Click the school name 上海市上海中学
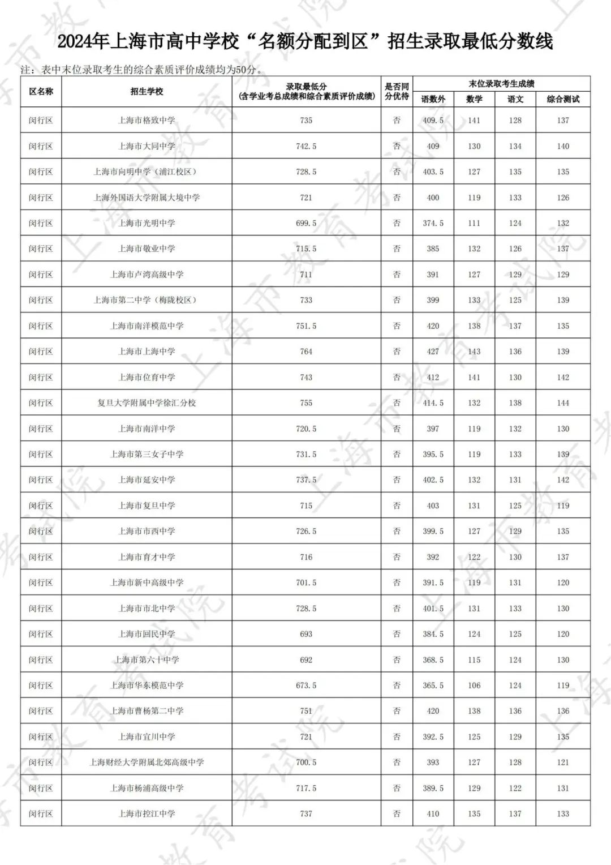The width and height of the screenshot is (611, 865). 147,352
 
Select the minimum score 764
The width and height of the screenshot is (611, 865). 306,352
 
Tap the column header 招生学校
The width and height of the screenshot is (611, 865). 147,91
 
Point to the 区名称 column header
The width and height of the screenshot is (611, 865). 41,91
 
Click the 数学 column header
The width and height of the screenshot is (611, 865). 474,99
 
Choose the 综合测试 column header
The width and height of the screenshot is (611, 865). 563,99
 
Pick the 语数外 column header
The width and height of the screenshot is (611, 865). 433,99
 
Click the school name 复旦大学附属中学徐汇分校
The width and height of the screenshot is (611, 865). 147,403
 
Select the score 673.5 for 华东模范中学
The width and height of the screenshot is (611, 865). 306,686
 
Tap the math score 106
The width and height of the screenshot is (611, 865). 474,686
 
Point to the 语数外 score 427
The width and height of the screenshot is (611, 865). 433,352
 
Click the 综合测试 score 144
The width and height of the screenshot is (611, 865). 563,403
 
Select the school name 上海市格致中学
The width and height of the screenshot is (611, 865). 147,121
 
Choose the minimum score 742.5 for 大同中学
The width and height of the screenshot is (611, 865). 306,146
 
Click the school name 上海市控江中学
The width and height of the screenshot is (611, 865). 147,813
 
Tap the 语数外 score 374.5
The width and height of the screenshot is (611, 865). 433,223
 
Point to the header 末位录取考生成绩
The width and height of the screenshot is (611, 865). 501,84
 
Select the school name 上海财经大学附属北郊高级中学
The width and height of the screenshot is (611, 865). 147,763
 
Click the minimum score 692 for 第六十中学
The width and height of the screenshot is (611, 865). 306,660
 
